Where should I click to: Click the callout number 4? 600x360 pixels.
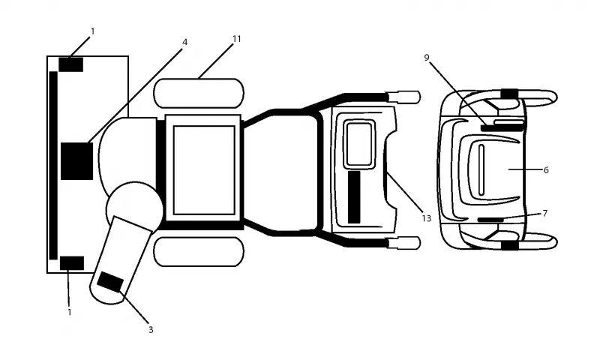point(184,42)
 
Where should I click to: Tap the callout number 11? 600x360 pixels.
point(237,39)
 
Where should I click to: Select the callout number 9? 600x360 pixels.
point(427,58)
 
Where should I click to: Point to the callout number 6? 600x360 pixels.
point(546,169)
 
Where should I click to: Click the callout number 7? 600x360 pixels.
point(545,213)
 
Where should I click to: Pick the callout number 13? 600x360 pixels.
point(426,218)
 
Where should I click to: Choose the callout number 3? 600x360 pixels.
point(151,329)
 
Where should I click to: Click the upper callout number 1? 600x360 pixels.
point(92,31)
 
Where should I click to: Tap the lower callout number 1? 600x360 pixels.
point(70,312)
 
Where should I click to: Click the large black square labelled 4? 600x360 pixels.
point(77,161)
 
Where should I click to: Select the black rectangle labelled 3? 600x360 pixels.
point(110,283)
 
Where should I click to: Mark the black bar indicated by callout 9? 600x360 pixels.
point(502,127)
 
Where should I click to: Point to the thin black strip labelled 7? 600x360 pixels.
point(491,220)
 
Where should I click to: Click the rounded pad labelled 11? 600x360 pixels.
point(199,93)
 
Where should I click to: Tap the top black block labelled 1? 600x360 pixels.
point(70,64)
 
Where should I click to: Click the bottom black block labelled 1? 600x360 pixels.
point(72,263)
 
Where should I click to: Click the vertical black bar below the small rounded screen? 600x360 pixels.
point(354,197)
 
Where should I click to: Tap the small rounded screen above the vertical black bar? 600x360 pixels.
point(359,144)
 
